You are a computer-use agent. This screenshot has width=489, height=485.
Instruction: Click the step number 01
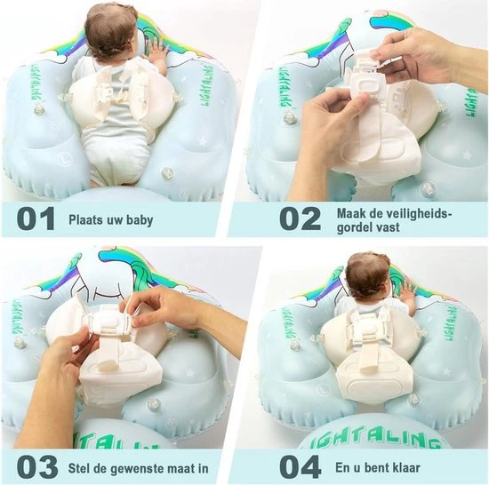[36, 219]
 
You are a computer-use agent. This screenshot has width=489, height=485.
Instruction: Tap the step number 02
[300, 219]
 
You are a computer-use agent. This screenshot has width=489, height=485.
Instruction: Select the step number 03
[37, 467]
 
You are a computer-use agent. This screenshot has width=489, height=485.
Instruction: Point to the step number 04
[300, 467]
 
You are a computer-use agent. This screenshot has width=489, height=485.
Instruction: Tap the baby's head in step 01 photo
[112, 32]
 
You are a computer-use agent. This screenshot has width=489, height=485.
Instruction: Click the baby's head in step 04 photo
[368, 275]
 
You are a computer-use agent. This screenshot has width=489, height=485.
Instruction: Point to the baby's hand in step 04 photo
[408, 295]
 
